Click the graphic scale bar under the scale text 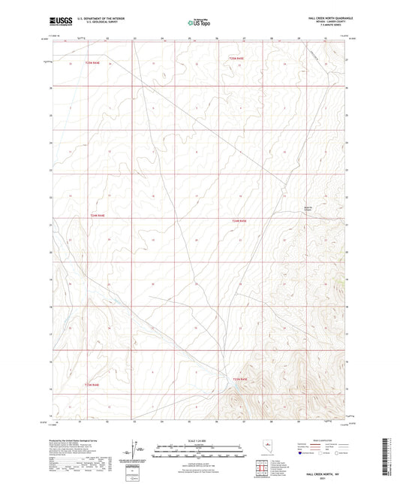coord(199,448)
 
